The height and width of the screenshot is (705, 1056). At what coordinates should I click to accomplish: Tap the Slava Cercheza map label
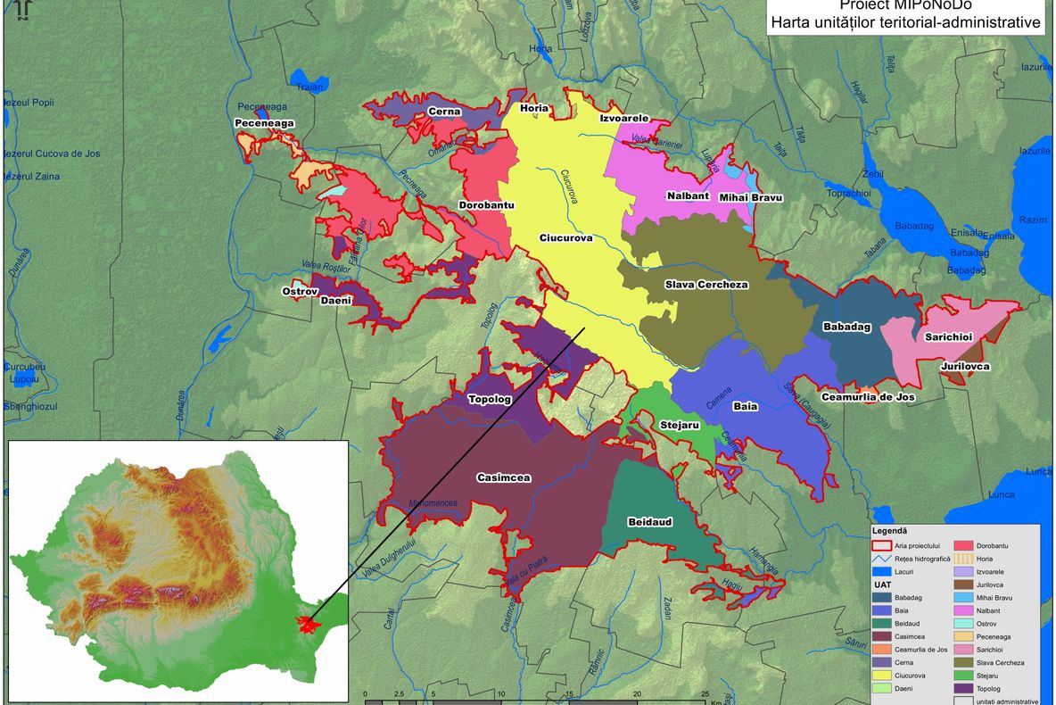point(706,285)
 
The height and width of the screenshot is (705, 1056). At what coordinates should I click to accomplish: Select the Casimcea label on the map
point(503,477)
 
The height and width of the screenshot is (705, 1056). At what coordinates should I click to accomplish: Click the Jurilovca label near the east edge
point(965,367)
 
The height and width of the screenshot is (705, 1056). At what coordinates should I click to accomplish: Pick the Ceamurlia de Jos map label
point(868,396)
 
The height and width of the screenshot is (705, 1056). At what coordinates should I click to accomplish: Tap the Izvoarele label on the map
point(623,118)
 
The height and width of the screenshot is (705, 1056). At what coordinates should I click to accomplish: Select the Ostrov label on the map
point(300,291)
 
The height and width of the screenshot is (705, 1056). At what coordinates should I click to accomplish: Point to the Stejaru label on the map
point(680,425)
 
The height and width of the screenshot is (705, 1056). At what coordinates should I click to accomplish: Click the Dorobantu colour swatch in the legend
point(964,544)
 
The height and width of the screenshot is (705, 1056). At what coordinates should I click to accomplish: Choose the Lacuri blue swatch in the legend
point(881,571)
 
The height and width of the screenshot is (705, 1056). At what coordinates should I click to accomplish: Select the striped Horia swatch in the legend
point(964,558)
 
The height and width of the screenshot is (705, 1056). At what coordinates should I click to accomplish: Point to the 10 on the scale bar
point(501,693)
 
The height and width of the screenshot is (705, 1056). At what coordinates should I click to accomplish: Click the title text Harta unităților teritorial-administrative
point(906,22)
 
